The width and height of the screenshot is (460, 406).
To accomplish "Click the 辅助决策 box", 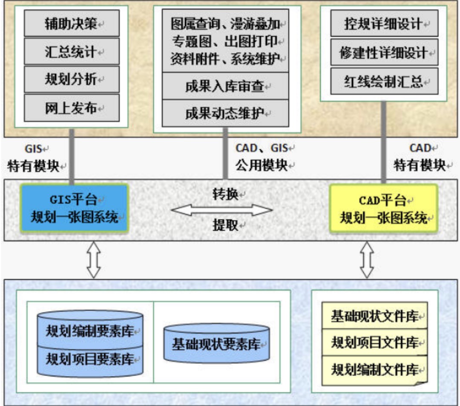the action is coord(72,23).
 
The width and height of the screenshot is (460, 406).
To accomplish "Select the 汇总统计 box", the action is coord(72,51).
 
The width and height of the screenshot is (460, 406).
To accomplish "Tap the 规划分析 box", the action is coord(72,79).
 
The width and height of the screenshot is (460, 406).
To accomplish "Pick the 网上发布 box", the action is coord(72,108).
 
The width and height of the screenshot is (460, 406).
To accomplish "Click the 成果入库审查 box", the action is coord(225,86).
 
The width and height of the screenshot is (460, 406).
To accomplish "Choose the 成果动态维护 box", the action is coord(225,113).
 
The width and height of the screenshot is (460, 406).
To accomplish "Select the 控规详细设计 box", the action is coord(384,23).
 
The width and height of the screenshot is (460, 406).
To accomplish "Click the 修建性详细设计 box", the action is coord(384,52).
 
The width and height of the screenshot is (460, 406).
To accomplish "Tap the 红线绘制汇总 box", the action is coord(384,81).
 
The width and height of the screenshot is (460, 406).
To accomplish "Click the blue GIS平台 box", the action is coord(75,208).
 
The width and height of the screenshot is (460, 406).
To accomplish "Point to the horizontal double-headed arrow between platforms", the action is coord(222,210).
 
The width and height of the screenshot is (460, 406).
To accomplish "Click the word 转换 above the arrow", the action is coord(225,194).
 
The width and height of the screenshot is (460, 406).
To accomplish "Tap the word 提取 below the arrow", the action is coord(225,225).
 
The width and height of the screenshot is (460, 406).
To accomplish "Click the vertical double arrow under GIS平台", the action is coord(94,260).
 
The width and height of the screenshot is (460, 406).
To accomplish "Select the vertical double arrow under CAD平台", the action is coord(367,260).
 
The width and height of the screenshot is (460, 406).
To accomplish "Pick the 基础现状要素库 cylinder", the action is coord(216,343).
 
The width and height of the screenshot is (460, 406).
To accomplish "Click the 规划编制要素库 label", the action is coord(89,331).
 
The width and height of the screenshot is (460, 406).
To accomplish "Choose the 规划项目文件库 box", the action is coord(375,342).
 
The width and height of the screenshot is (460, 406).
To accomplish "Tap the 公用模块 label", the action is coord(261,165).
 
